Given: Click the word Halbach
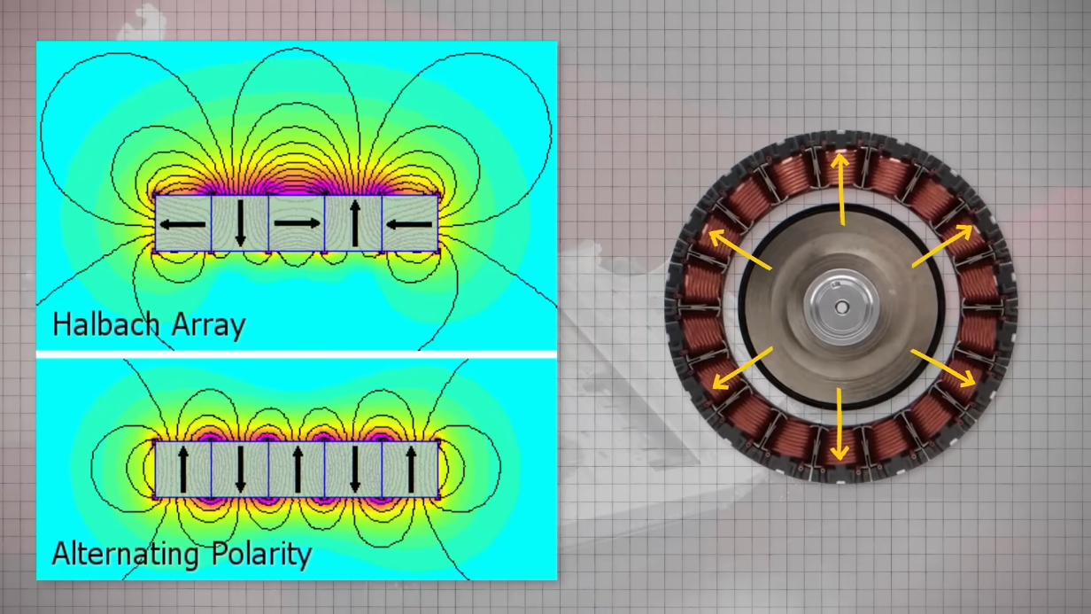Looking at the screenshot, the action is [105, 324].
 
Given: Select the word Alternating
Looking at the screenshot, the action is [125, 554].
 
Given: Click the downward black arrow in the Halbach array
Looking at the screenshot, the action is [240, 223].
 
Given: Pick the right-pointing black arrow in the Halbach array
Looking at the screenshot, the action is [298, 223].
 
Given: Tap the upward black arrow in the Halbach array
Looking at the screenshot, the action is [355, 223].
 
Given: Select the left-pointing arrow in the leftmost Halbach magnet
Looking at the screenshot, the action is [183, 224].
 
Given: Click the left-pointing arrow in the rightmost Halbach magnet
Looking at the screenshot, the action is [409, 225].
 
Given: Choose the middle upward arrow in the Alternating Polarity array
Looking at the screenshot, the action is [298, 470].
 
